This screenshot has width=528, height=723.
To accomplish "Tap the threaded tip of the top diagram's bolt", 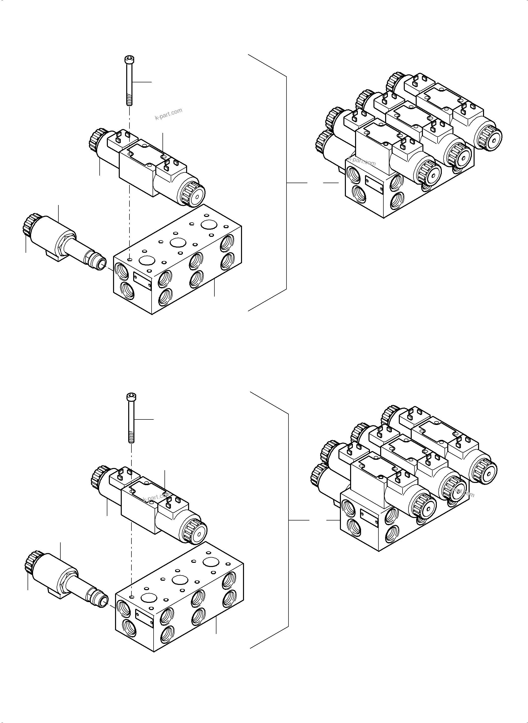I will click(129, 102).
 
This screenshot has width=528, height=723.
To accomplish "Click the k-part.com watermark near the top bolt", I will click(168, 114).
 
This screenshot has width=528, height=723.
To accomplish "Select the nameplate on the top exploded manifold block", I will click(142, 281).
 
